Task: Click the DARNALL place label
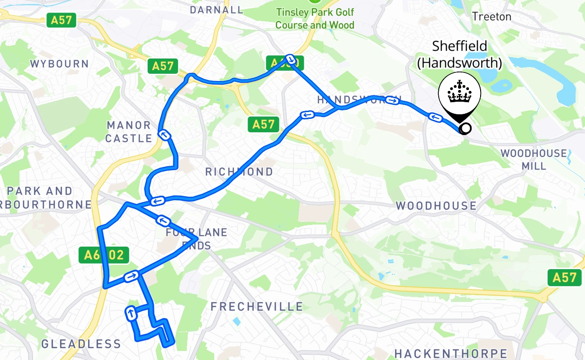tap(216, 9)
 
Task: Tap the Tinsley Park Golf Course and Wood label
tap(315, 18)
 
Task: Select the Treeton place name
tap(492, 17)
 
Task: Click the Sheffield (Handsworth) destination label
tap(459, 54)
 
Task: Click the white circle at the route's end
tap(465, 129)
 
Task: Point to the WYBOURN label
tap(59, 63)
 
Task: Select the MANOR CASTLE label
tap(129, 132)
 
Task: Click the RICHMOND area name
tap(239, 171)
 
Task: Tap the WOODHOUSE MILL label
tap(534, 159)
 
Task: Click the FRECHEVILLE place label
tap(257, 306)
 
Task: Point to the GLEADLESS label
tap(81, 344)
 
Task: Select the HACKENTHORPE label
tap(451, 353)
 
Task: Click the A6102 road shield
tap(104, 255)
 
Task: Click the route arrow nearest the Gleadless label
tap(131, 313)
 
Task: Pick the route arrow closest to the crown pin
tap(435, 118)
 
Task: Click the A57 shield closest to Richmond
tap(263, 124)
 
